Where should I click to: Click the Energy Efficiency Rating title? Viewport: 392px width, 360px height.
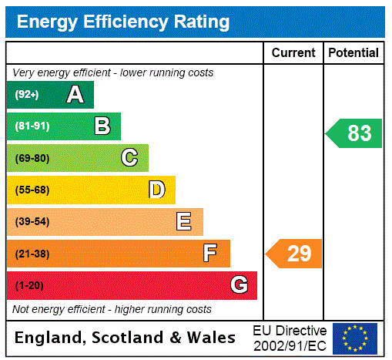click(123, 22)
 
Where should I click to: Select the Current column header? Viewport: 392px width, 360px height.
click(293, 53)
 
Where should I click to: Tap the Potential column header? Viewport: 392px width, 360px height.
click(353, 53)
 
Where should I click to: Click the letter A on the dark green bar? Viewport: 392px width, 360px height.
click(75, 95)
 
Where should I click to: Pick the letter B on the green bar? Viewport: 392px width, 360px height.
click(102, 126)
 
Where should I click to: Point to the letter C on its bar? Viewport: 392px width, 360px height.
click(129, 158)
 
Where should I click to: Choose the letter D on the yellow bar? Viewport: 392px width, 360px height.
click(156, 190)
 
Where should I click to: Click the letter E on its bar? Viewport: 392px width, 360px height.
click(184, 222)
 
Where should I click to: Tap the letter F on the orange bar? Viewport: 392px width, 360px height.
click(210, 254)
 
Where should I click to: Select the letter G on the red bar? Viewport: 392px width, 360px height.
click(239, 285)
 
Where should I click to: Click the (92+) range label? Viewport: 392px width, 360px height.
click(27, 95)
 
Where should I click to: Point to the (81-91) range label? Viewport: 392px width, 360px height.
click(32, 126)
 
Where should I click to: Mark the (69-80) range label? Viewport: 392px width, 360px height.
click(32, 158)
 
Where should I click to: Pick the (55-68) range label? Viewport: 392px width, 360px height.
click(32, 190)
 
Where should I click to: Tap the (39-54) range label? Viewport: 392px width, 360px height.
click(32, 222)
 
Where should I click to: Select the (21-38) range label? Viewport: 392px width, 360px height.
click(32, 254)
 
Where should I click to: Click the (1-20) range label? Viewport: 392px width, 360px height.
click(29, 285)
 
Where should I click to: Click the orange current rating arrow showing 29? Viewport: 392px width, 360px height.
click(294, 254)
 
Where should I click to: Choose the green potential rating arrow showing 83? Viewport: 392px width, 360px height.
click(354, 133)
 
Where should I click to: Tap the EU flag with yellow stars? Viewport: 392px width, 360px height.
click(355, 338)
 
